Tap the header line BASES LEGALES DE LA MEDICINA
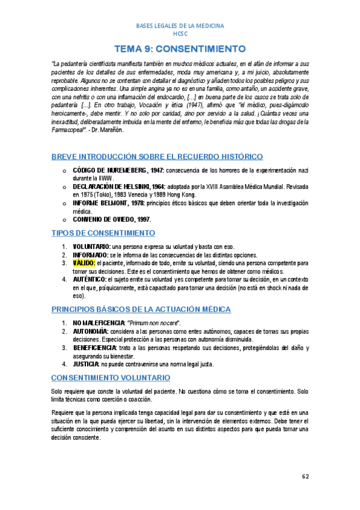[x=180, y=26]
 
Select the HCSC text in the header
[x=180, y=34]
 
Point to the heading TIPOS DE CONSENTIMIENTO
[x=103, y=232]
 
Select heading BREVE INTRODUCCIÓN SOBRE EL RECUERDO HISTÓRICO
[x=157, y=156]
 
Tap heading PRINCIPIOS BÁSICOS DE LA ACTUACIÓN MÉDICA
[x=141, y=309]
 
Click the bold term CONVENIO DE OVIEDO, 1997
[x=111, y=220]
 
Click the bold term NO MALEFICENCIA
[x=99, y=324]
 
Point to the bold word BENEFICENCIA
[x=95, y=348]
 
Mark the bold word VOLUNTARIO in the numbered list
[x=91, y=247]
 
